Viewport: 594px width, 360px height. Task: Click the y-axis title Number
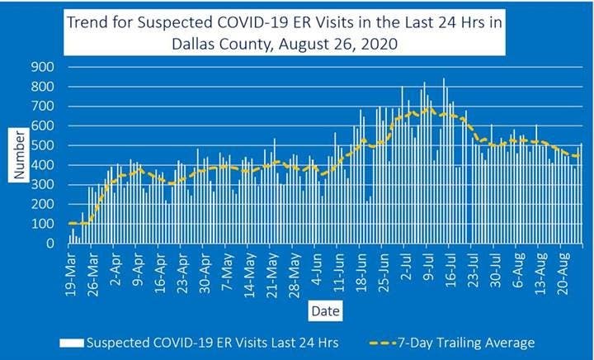(x=19, y=155)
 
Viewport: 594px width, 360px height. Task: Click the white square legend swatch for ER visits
(x=73, y=342)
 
